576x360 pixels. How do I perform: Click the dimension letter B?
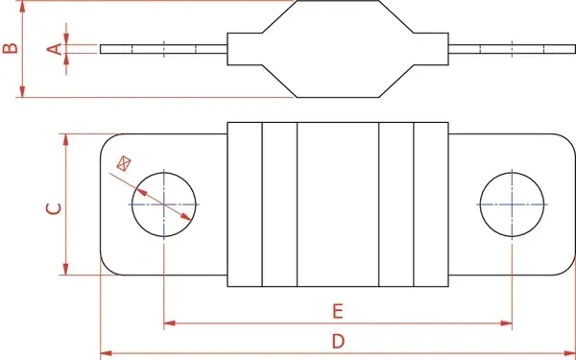pos(9,48)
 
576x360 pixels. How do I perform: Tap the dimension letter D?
pos(338,341)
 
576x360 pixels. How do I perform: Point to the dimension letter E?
pos(337,311)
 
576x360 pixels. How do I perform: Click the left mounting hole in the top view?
pos(164,204)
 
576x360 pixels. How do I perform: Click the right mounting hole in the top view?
pos(513,204)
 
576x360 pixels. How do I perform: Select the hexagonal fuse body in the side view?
pos(337,48)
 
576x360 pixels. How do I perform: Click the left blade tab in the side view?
pos(163,48)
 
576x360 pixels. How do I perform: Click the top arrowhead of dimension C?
pos(66,138)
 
